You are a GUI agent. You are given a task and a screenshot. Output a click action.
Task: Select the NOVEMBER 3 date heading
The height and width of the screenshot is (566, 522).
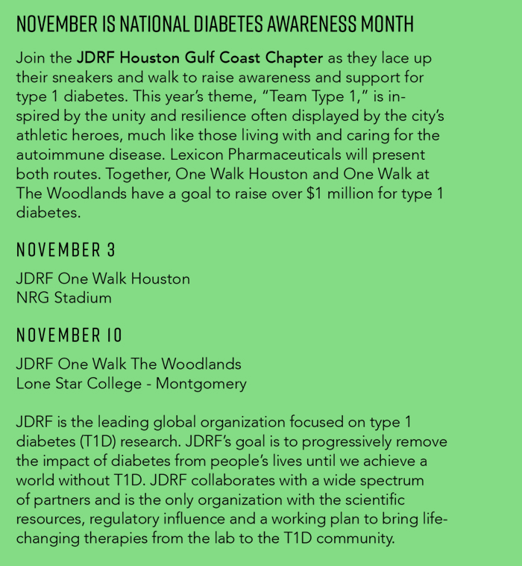[66, 249]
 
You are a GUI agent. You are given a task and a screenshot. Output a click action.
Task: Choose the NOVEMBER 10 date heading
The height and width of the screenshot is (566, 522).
[69, 335]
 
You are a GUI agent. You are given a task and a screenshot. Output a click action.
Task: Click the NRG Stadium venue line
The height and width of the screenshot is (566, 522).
[64, 298]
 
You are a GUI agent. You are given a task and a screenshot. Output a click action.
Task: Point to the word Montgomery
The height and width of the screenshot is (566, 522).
[201, 384]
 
